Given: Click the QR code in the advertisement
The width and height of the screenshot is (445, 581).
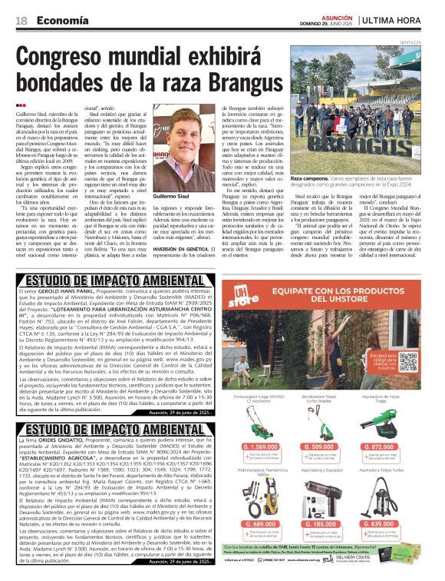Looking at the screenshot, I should point(407,361).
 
